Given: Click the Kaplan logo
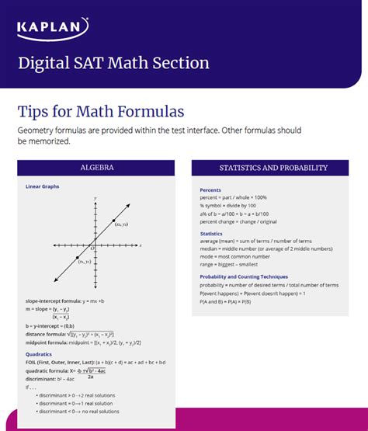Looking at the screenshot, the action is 53,30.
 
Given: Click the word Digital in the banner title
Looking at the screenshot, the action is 44,62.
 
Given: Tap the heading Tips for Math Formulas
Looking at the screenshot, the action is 100,110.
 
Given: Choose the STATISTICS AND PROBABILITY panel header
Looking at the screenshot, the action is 273,168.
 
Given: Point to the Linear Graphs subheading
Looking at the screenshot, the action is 42,186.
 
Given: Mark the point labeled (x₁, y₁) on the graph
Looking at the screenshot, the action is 78,255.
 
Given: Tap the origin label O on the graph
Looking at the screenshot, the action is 92,249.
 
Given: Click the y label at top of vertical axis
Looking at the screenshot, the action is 95,200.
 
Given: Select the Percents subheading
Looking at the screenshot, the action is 210,190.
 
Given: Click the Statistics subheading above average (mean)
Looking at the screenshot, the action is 211,233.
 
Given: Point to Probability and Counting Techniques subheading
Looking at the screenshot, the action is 243,276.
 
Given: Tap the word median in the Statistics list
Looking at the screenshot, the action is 209,249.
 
